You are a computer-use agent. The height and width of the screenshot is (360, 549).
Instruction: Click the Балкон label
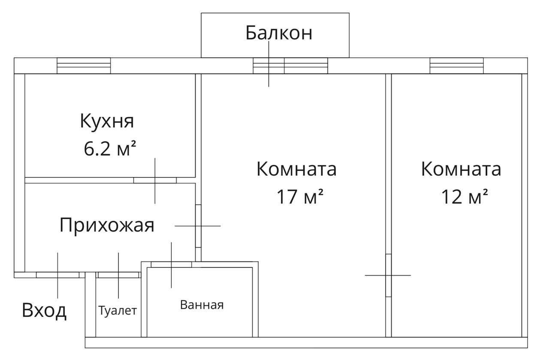(x=279, y=33)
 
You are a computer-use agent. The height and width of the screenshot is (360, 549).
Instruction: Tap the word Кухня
(x=107, y=121)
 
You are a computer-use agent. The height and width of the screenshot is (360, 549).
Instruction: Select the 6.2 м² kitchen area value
(x=109, y=149)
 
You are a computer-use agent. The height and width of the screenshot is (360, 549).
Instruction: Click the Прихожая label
(x=106, y=225)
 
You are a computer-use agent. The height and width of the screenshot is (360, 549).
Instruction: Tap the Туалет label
(x=118, y=310)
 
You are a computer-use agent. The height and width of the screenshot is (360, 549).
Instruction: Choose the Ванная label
(x=202, y=305)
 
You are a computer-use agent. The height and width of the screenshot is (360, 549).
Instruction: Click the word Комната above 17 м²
(x=296, y=169)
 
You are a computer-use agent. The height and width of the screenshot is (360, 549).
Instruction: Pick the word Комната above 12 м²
(x=461, y=169)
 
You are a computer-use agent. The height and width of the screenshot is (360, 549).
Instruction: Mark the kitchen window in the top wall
(x=84, y=66)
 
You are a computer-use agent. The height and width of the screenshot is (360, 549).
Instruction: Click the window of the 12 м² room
(x=456, y=66)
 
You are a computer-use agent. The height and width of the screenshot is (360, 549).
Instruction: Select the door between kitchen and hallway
(x=155, y=180)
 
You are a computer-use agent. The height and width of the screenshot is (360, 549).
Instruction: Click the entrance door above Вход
(x=57, y=275)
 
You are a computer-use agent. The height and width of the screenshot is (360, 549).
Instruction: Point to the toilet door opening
(x=118, y=275)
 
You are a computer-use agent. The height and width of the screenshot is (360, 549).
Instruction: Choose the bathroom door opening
(x=171, y=264)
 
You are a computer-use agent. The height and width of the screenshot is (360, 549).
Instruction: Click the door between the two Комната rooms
(x=388, y=275)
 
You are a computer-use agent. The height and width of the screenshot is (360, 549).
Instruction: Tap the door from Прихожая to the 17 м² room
(x=198, y=225)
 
